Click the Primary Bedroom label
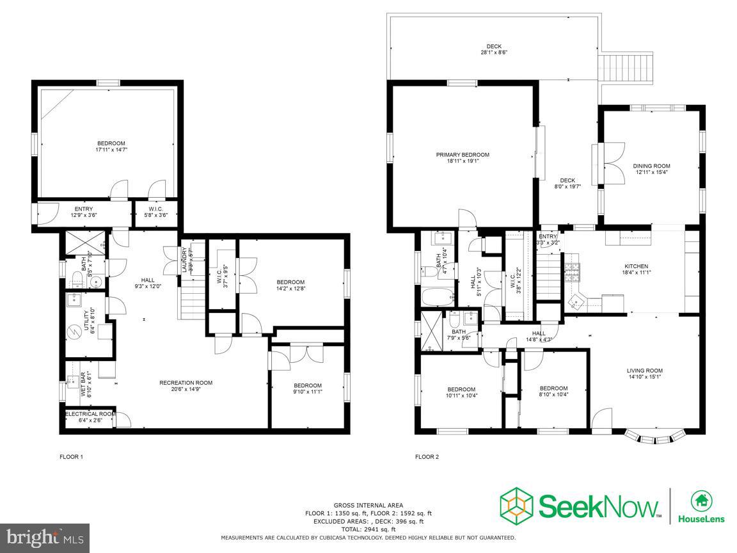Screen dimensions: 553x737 [x=463, y=157]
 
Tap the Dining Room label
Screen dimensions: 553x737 [x=652, y=169]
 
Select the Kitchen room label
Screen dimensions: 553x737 [x=636, y=269]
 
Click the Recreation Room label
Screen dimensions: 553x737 [x=186, y=386]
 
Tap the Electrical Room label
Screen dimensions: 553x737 [x=90, y=417]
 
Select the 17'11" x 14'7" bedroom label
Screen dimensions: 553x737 [x=111, y=147]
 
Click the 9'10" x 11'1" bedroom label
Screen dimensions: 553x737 [x=307, y=388]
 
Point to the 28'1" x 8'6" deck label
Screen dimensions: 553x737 [x=493, y=49]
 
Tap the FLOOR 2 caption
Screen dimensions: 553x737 [x=427, y=457]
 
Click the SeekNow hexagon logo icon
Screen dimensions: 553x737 [x=516, y=506]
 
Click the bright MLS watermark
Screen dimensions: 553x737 [x=45, y=538]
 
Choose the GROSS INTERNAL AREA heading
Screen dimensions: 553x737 [x=368, y=505]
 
